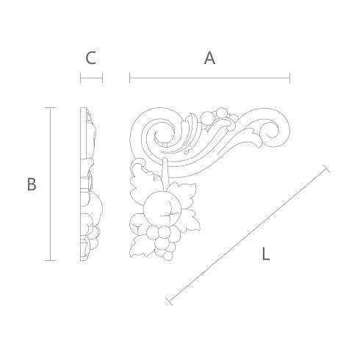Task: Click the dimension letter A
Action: tap(209, 58)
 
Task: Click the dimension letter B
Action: tap(32, 184)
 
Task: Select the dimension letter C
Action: tap(90, 58)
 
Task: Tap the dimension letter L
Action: tap(266, 253)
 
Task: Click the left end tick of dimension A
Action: tap(130, 78)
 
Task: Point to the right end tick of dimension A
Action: tap(289, 78)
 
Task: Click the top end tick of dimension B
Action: tap(51, 107)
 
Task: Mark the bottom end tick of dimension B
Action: tap(51, 260)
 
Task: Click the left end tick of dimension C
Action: tap(81, 78)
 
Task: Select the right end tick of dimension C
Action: tap(102, 78)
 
